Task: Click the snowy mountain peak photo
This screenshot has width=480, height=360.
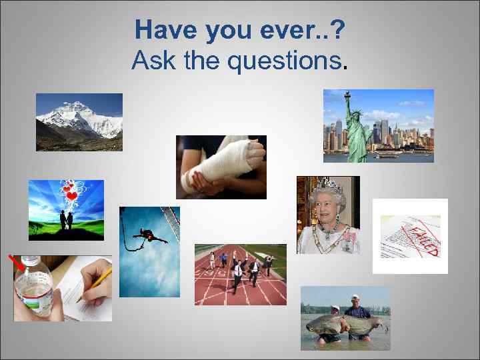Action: [79, 121]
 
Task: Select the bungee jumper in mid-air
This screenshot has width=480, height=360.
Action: [149, 235]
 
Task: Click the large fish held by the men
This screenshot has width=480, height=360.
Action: [343, 325]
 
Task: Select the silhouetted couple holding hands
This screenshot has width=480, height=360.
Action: [65, 220]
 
